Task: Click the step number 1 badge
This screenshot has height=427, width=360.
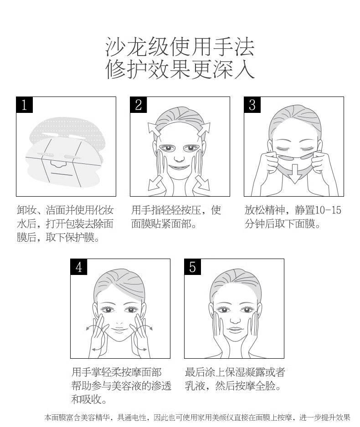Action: point(25,105)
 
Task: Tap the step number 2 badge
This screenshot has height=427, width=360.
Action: point(139,105)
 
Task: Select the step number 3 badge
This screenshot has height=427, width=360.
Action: point(252,105)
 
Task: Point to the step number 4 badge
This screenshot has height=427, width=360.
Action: point(79,267)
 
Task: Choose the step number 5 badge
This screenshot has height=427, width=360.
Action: point(193,267)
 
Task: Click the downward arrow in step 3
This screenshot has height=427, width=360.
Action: point(294,175)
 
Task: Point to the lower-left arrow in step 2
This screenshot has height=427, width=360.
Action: point(155,183)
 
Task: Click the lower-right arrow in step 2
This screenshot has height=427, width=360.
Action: point(202,183)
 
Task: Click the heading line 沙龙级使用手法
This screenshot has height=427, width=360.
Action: point(180,47)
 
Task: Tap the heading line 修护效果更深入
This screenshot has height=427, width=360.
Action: point(180,70)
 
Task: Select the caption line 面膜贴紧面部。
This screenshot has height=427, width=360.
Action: point(164,224)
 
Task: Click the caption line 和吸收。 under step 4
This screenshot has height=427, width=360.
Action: point(89,399)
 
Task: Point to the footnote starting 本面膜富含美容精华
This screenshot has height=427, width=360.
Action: point(197,417)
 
